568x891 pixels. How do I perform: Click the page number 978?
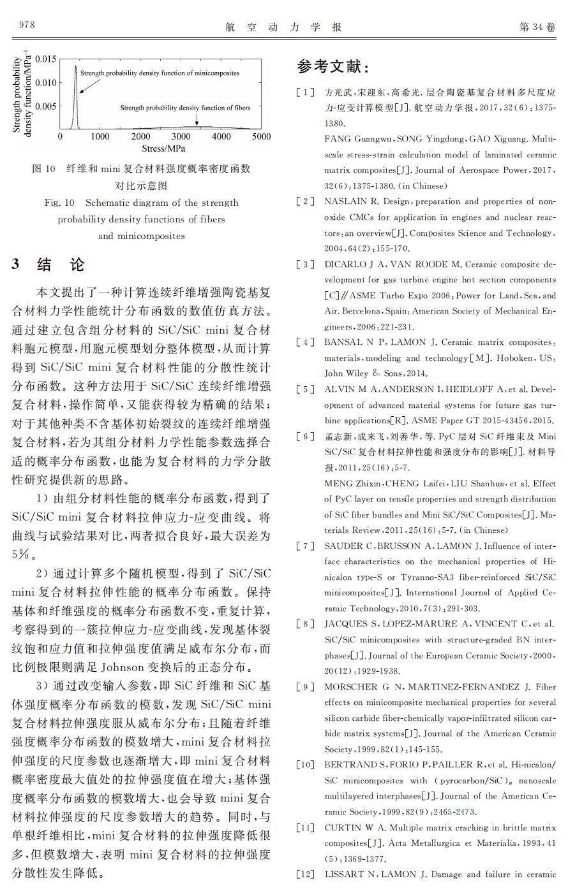click(27, 25)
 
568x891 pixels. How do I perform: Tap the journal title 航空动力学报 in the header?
click(284, 27)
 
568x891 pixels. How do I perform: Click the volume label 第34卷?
click(537, 27)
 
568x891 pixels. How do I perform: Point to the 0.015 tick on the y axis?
click(46, 59)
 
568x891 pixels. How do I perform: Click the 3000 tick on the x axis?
click(181, 136)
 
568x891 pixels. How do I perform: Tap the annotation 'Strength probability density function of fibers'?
click(185, 108)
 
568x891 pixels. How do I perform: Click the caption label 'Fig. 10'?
click(59, 203)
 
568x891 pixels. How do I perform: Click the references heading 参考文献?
click(333, 67)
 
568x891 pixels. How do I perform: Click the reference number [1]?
click(305, 92)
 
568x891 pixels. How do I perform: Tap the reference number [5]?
click(305, 389)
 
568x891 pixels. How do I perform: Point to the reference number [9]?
click(305, 686)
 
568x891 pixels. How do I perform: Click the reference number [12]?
click(305, 874)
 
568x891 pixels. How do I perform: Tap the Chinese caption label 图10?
click(44, 169)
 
